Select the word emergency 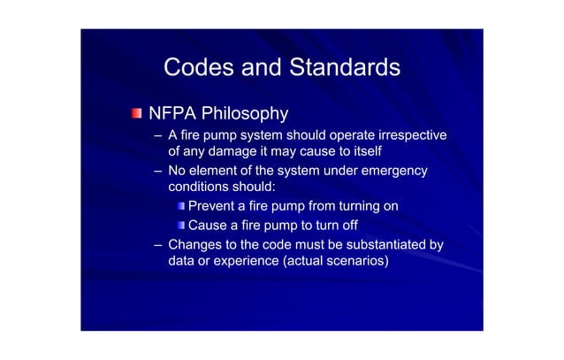click(x=394, y=171)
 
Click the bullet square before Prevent click(x=179, y=207)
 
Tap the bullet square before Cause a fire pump click(x=179, y=225)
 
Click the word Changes click(x=197, y=243)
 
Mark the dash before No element click(x=157, y=171)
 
